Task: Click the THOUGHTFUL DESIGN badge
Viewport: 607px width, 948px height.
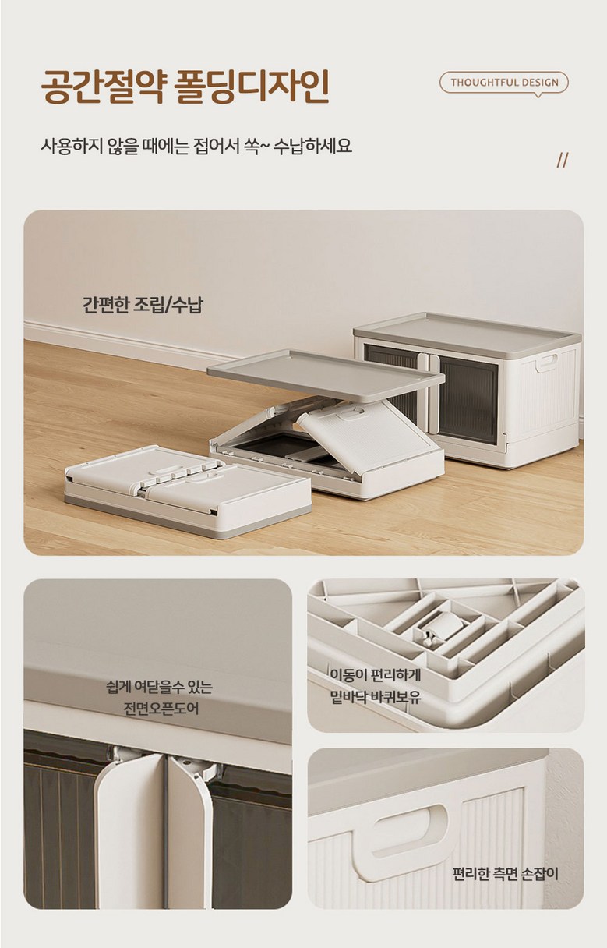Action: [504, 83]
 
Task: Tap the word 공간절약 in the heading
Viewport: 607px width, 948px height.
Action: [102, 87]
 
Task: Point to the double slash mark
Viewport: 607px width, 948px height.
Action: [562, 161]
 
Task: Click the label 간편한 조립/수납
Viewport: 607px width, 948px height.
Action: [143, 305]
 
